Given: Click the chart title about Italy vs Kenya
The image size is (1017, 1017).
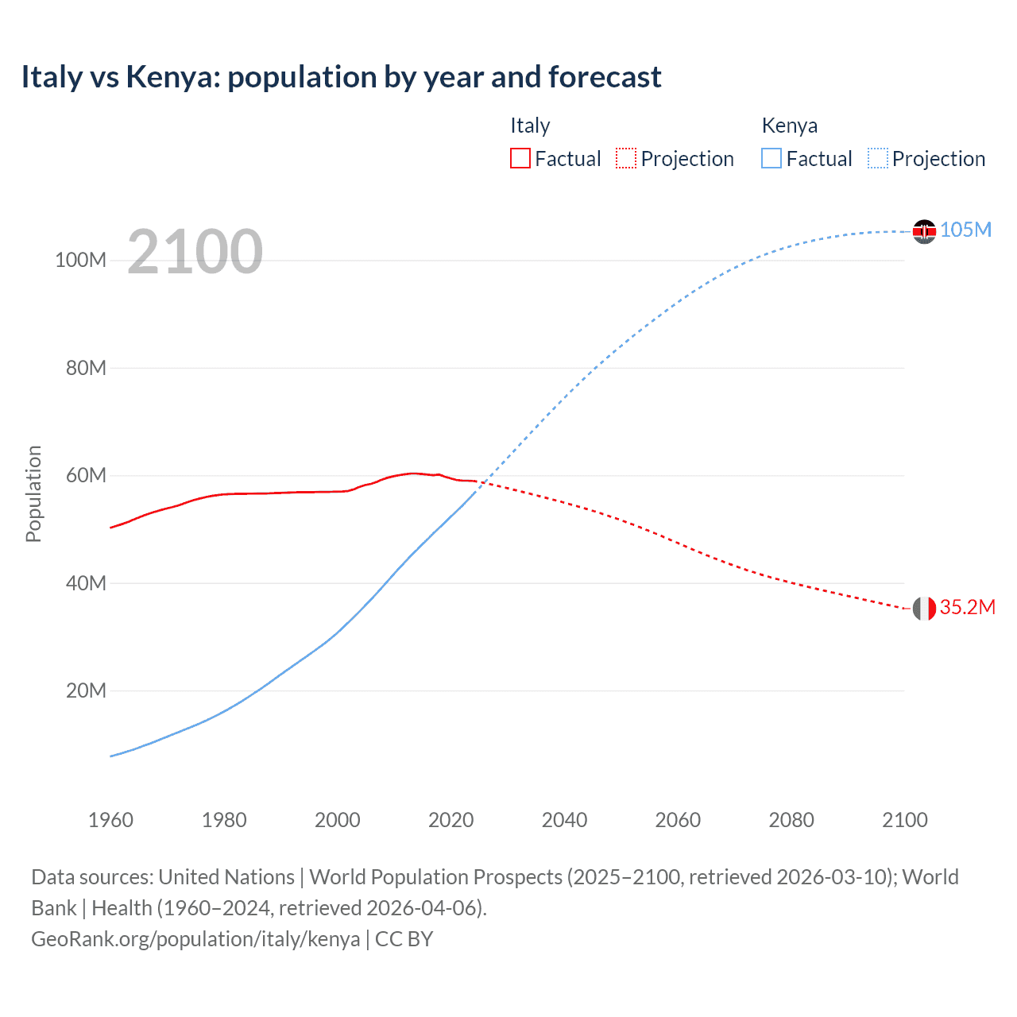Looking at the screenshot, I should pos(341,77).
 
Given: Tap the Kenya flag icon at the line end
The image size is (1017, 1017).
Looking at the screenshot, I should pos(924,231).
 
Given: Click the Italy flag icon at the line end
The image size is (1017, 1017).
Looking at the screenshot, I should pos(924,609).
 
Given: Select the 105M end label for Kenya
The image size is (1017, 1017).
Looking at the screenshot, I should pos(965,230).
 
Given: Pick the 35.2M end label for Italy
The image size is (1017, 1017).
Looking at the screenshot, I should pos(967,607).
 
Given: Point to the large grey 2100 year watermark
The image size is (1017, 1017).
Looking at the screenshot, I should pos(195,252).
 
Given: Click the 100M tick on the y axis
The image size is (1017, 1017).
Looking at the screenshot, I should pos(80,261).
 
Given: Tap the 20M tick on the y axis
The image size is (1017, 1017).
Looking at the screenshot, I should pos(86,690).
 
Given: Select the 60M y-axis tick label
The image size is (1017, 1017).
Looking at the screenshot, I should pos(86,476).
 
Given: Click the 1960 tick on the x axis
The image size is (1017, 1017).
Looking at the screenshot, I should pos(110,820).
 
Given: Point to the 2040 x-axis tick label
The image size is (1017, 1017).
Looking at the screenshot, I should pos(564,820).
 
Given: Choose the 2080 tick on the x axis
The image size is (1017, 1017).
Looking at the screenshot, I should pos(791,820).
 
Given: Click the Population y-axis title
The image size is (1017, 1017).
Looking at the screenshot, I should pos(33,493).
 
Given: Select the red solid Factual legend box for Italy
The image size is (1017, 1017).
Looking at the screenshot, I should pos(520,159).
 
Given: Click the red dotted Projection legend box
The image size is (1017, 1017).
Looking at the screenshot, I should pos(626,159).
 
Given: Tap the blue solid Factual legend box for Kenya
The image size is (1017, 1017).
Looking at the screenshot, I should pos(771,159).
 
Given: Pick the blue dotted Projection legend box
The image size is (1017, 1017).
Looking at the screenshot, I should pos(877,159).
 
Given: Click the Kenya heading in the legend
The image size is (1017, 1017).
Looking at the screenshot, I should pos(789,126).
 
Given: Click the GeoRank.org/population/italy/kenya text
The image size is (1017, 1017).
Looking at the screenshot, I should pos(195,939).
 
